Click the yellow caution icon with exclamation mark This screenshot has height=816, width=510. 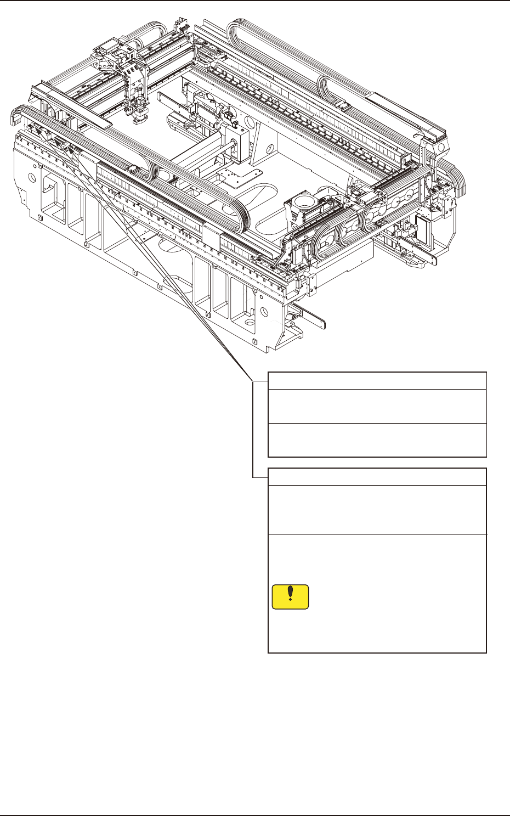(290, 597)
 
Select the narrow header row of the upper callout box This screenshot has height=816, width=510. (377, 381)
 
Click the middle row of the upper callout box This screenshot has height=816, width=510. (377, 406)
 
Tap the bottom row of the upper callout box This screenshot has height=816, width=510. (377, 440)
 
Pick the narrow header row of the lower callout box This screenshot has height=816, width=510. (377, 476)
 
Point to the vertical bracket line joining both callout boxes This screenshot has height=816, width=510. (253, 428)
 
